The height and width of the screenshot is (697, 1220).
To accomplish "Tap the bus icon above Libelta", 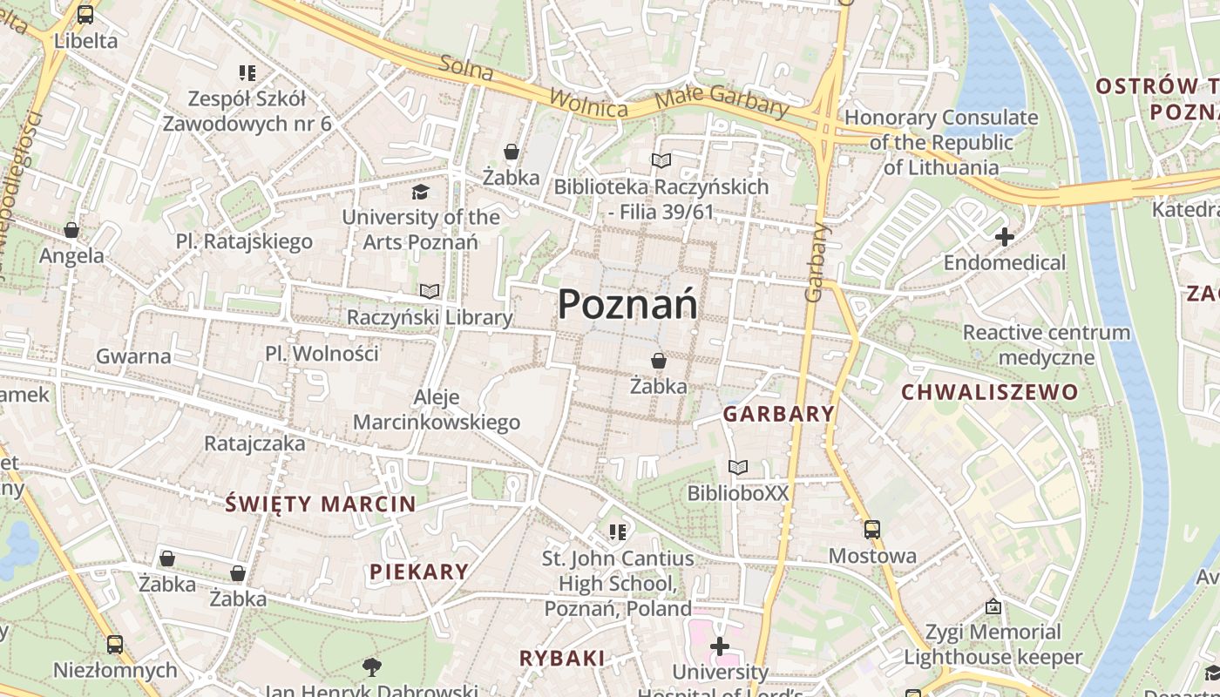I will pos(85,15).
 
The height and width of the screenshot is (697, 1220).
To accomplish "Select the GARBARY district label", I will pos(778,414).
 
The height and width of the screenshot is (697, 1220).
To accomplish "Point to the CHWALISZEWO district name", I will pos(989,392).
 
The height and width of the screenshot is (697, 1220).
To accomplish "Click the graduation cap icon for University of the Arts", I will pos(421,192).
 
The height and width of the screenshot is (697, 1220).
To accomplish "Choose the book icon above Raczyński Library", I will pos(429,291).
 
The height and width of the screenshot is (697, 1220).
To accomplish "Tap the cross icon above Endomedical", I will pos(1005,236).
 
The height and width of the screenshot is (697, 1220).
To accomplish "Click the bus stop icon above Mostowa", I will pos(872,529).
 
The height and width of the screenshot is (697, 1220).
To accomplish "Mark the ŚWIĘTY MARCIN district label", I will pos(321,504).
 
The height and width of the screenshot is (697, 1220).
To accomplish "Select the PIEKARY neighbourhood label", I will pos(419,572).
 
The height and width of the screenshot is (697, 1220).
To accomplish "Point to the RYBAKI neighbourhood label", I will pos(562,658).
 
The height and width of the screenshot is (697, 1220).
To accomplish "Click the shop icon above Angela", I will pos(71,230).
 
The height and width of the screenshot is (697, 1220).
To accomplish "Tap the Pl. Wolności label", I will pos(322,354).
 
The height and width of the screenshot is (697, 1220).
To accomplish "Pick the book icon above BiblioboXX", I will pos(738,468).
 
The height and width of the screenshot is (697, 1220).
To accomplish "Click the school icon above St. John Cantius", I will pos(618,531).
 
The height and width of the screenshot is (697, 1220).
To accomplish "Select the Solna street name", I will pos(467,69).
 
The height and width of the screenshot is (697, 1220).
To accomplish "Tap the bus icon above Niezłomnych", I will pos(115,645).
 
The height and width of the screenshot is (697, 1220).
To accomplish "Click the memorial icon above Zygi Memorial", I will pos(993,606).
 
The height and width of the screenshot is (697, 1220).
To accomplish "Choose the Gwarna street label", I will pos(133,355).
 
